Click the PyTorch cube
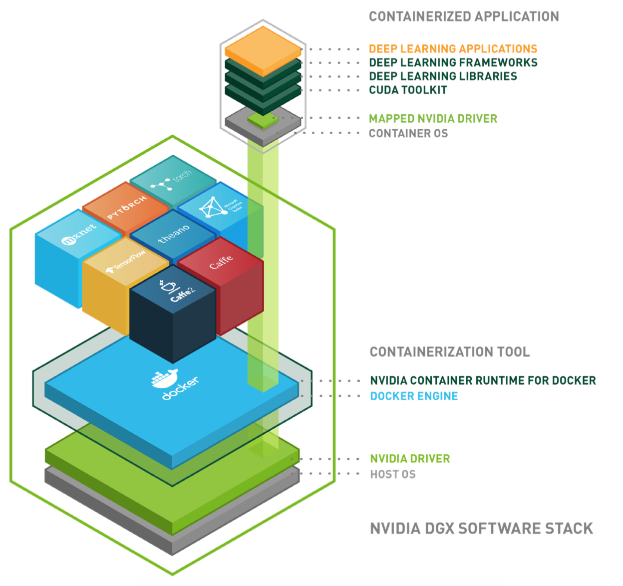126,207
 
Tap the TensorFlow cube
125,262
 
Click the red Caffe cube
221,263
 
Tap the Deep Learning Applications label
453,49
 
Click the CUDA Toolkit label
408,90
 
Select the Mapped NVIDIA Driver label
433,119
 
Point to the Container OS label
408,134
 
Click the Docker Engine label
414,396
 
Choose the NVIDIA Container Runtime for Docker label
483,381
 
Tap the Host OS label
392,475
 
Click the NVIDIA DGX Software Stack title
481,529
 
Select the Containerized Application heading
464,17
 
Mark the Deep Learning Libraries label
443,76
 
